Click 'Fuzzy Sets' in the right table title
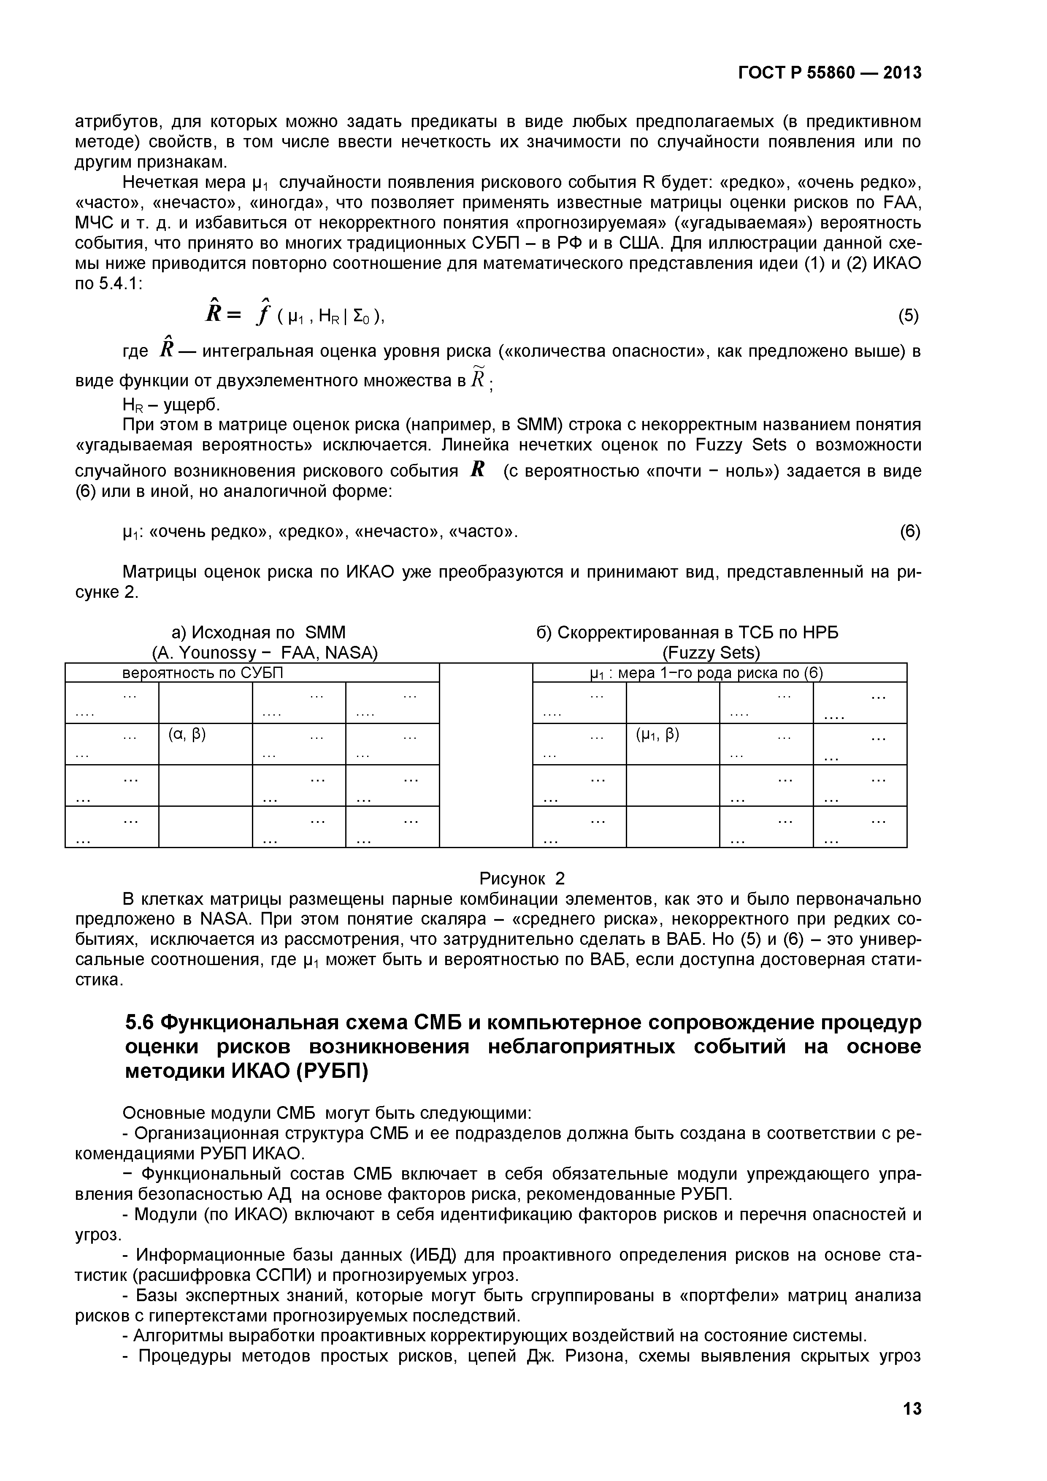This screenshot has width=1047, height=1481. pos(712,653)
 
